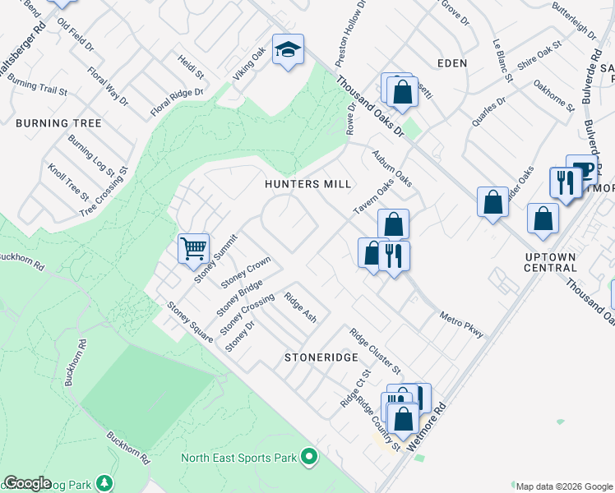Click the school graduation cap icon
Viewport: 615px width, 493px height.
(x=289, y=50)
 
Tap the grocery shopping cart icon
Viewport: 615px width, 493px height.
(x=193, y=246)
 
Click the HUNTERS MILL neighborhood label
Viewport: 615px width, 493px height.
(x=307, y=184)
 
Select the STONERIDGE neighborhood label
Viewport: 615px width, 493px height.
(x=321, y=358)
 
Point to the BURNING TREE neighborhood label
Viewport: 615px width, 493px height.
(x=58, y=123)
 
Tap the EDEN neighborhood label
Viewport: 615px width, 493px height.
(x=452, y=62)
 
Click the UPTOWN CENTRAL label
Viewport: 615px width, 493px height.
(x=550, y=262)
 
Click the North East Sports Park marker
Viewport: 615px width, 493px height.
(x=309, y=455)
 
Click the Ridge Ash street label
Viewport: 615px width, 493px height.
(x=300, y=306)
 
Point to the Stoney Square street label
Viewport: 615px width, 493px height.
(x=190, y=322)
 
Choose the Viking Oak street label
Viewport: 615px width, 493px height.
(x=249, y=64)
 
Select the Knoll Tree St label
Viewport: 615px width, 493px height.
(x=68, y=182)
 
